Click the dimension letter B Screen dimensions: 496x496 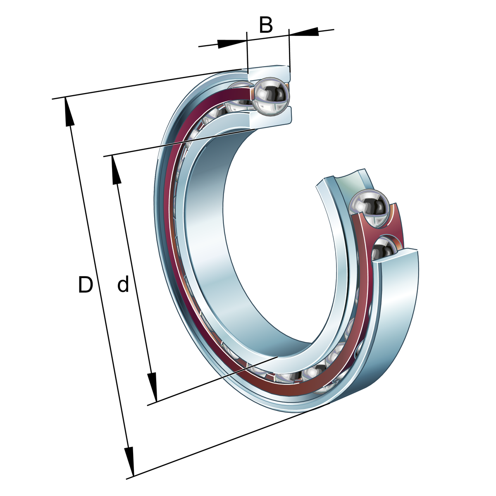(x=266, y=25)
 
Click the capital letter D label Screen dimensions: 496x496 (x=86, y=285)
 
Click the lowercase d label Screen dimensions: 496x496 (x=123, y=285)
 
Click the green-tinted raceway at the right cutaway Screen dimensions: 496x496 (x=351, y=182)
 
